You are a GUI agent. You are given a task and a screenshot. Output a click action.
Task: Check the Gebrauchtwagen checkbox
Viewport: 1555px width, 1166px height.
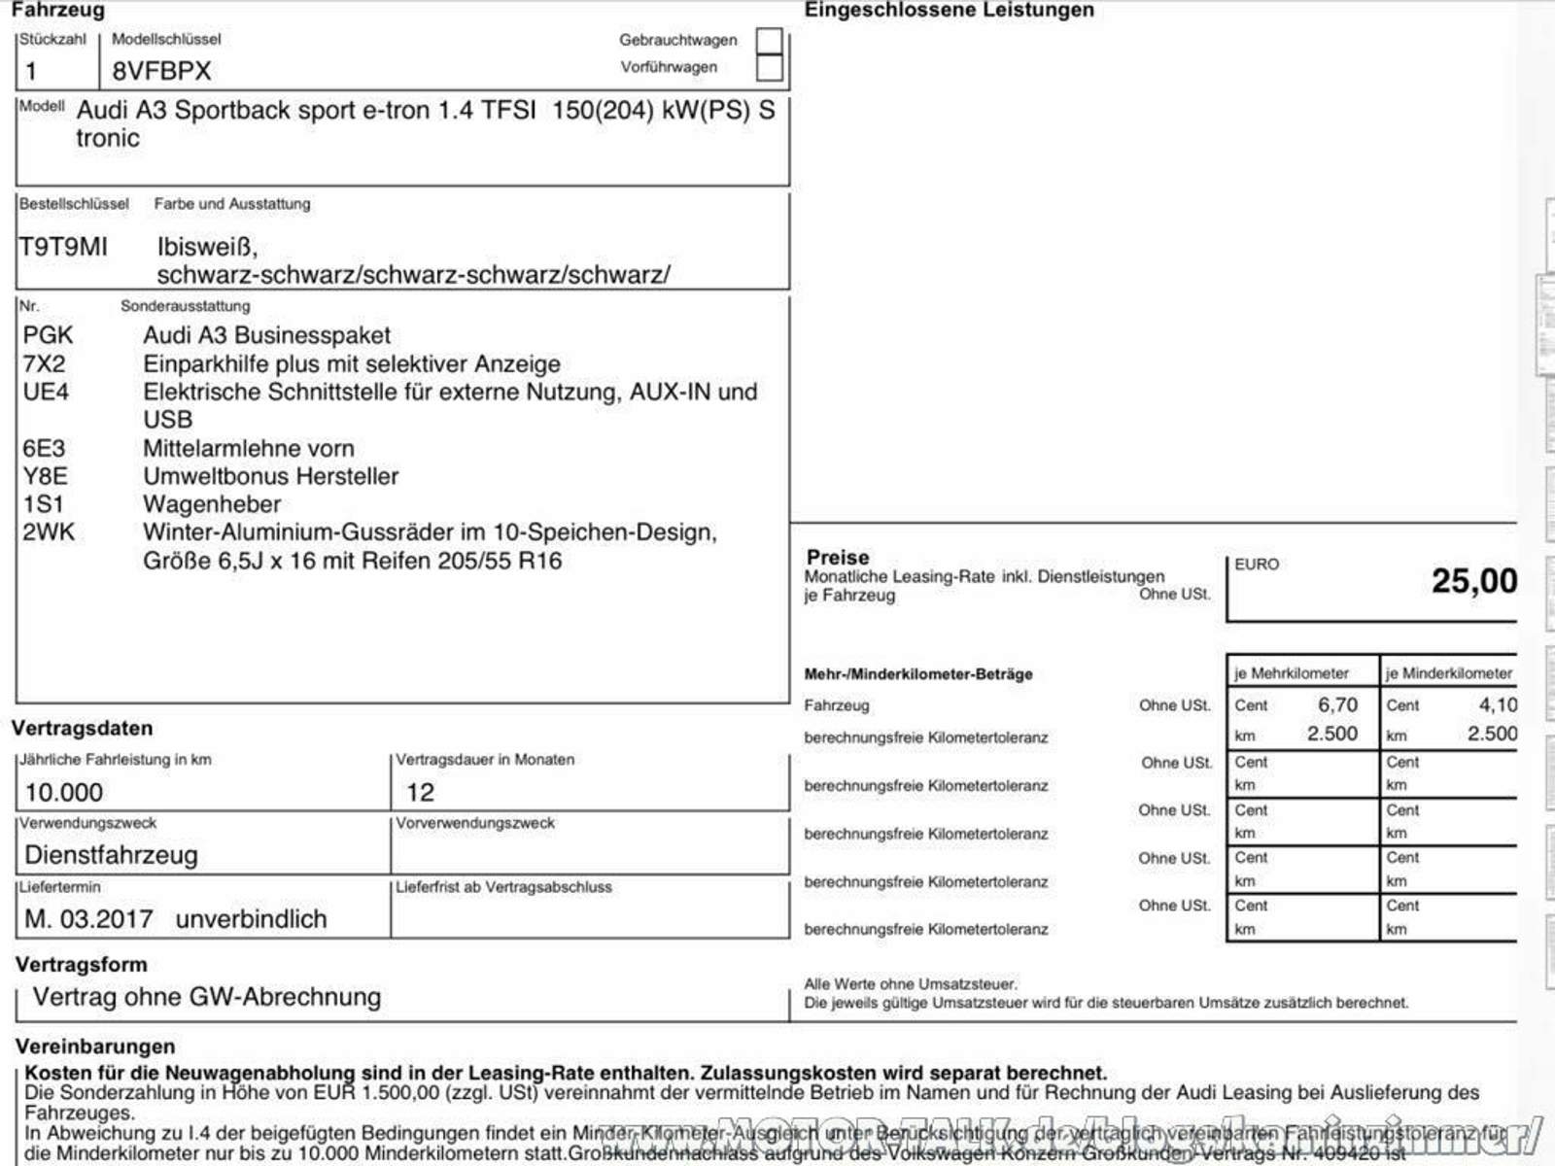tap(769, 40)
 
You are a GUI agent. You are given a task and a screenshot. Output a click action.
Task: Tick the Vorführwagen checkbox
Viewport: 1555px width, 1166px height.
tap(769, 67)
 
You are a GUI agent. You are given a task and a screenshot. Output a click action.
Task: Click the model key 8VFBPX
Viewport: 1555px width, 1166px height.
tap(161, 71)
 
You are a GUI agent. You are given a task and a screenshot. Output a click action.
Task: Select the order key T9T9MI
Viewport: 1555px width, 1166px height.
tap(63, 247)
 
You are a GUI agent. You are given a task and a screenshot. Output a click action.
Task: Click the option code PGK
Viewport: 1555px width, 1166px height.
tap(48, 335)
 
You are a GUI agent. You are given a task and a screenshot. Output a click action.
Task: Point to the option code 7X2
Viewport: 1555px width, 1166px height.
tap(45, 363)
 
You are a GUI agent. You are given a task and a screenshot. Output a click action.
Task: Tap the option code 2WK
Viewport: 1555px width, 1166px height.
tap(49, 532)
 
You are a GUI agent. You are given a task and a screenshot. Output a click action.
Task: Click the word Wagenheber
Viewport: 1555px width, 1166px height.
tap(212, 503)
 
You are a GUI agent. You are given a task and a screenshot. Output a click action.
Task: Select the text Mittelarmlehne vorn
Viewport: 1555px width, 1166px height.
tap(249, 448)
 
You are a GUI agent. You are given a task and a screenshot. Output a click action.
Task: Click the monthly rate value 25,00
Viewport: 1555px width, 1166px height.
tap(1473, 581)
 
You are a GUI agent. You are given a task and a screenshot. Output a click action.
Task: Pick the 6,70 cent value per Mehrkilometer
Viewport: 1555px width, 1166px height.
tap(1337, 704)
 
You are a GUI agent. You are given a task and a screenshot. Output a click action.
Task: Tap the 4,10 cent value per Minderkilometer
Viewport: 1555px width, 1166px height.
tap(1497, 704)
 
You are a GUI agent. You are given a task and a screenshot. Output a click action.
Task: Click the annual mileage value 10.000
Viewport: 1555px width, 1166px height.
tap(64, 792)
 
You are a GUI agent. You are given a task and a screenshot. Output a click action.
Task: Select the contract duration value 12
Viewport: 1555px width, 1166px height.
tap(420, 792)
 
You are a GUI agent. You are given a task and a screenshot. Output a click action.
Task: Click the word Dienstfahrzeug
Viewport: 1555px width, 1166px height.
tap(111, 855)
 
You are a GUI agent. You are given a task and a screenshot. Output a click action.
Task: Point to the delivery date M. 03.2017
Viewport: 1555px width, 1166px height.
tap(88, 918)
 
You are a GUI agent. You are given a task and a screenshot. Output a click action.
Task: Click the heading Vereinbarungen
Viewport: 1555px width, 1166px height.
tap(95, 1046)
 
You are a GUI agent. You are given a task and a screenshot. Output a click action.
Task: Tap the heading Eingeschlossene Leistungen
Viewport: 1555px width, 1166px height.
tap(949, 10)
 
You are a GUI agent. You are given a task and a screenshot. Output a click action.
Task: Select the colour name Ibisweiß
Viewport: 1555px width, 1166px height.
tap(206, 247)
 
